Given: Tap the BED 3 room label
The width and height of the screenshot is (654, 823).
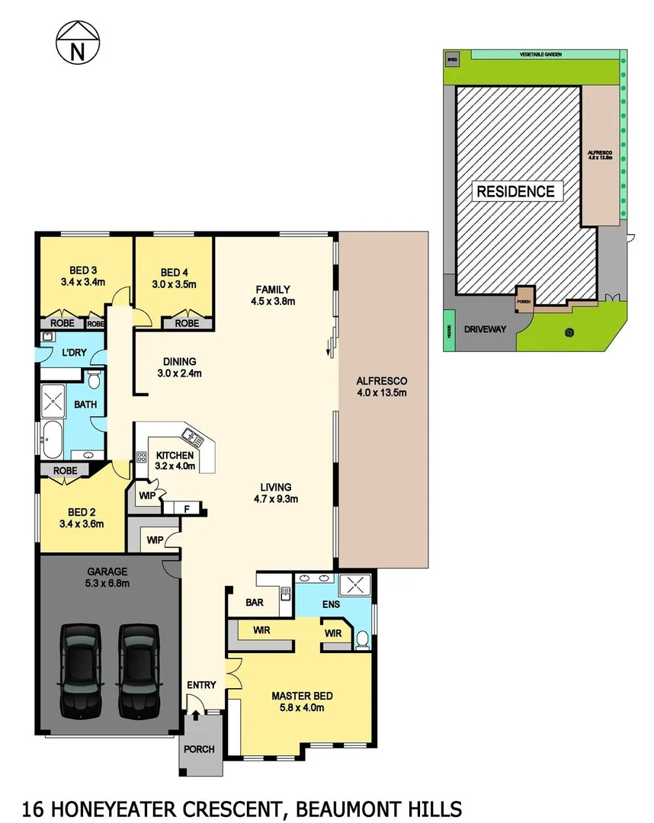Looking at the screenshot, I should pos(82,270).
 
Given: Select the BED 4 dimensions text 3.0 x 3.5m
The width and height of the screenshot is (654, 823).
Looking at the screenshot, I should pos(174,285).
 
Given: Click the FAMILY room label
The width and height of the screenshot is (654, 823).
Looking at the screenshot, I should pos(273,289).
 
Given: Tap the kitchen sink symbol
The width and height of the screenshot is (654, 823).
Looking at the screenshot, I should pos(191,437).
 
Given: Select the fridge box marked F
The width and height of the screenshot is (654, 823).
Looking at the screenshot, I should pos(187,508).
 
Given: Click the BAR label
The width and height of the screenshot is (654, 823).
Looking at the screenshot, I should pos(254,602).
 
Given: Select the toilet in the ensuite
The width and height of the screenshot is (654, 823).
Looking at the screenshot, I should pos(363,639).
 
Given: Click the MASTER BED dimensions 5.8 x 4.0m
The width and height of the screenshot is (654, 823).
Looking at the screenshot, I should pos(303,708).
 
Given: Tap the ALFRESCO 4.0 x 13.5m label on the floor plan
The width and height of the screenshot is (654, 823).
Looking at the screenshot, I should pos(383,386).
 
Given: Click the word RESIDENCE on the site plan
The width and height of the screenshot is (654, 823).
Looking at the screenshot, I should pos(516,191).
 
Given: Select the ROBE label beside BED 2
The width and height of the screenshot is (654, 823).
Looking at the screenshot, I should pos(66,471).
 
